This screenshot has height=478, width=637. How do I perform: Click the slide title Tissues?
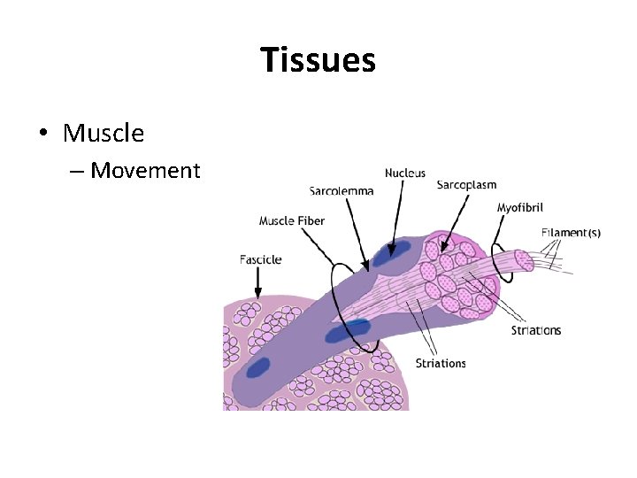pos(318,61)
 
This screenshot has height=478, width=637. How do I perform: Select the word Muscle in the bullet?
pos(104,134)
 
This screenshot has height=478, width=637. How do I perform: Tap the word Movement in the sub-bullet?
pos(146,170)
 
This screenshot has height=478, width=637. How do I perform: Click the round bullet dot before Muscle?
pos(42,135)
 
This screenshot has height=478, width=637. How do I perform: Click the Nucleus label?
pos(405,173)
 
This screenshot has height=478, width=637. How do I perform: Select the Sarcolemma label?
pos(342,190)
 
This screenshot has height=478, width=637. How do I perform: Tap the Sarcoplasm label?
pos(466,185)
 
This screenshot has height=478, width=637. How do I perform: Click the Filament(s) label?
pos(571,233)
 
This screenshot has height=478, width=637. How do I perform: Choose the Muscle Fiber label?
pos(292,220)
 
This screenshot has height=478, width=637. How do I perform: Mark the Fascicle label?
pos(261,259)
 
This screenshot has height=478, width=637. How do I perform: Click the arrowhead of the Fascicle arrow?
pos(257,295)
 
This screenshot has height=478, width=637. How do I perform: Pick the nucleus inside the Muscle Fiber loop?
pos(347,332)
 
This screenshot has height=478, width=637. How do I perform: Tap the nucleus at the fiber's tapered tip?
pos(259,366)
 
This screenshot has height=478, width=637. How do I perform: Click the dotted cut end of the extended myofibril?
pos(524,260)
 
